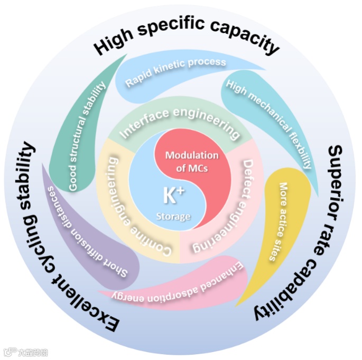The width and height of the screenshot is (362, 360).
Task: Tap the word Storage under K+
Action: pos(172,216)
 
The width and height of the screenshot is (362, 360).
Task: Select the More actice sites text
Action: pos(279,222)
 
